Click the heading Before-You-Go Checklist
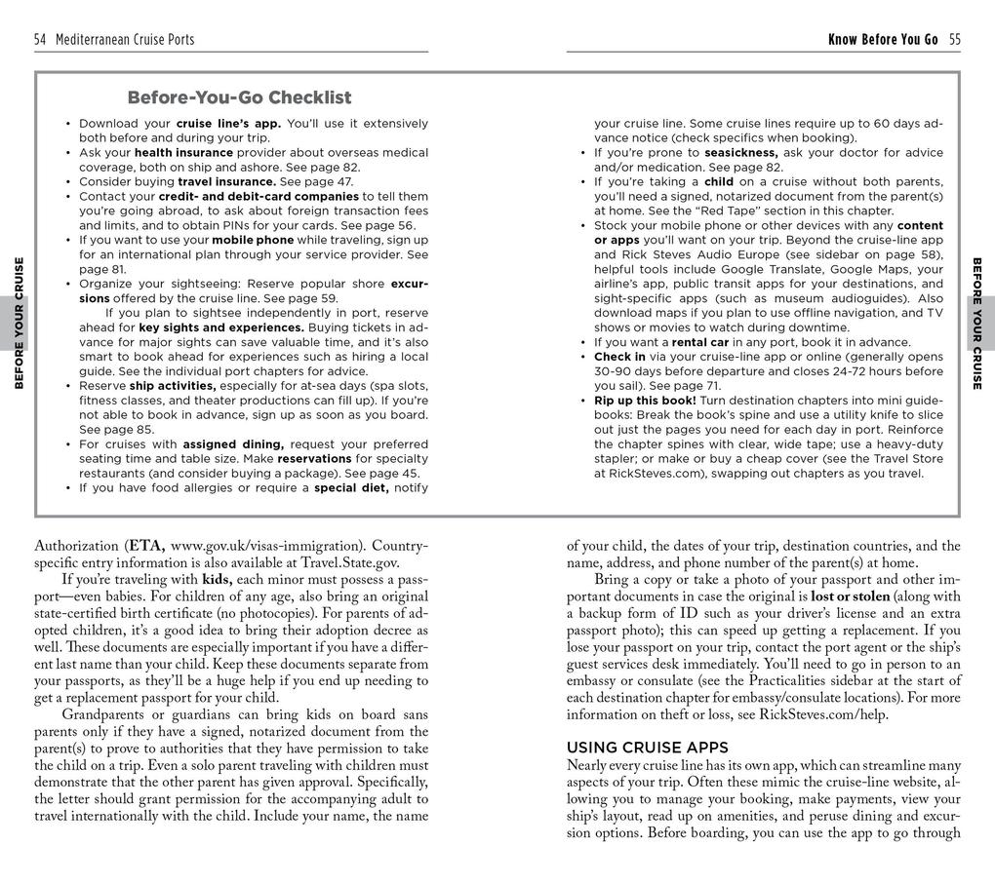pyautogui.click(x=239, y=97)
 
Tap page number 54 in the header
pyautogui.click(x=40, y=40)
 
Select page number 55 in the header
pyautogui.click(x=954, y=40)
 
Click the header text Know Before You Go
pyautogui.click(x=883, y=40)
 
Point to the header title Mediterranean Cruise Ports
pyautogui.click(x=125, y=40)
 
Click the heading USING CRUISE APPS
pyautogui.click(x=647, y=748)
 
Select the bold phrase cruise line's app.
pyautogui.click(x=228, y=124)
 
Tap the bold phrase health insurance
pyautogui.click(x=183, y=153)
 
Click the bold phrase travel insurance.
pyautogui.click(x=226, y=182)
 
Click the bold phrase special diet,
pyautogui.click(x=351, y=488)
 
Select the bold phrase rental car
pyautogui.click(x=703, y=342)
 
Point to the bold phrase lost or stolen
pyautogui.click(x=850, y=596)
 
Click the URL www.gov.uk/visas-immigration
pyautogui.click(x=261, y=546)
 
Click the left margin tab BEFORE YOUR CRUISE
pyautogui.click(x=19, y=323)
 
